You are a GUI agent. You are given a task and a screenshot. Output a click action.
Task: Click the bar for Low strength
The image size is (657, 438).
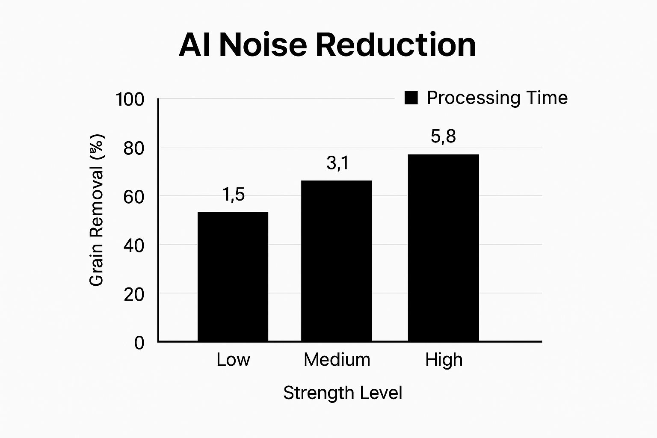click(x=233, y=276)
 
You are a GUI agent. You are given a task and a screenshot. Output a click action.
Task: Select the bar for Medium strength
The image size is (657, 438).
click(x=337, y=261)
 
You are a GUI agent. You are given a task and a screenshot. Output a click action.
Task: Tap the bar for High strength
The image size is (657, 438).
click(x=443, y=248)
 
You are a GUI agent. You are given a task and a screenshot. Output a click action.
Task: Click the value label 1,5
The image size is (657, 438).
click(x=234, y=195)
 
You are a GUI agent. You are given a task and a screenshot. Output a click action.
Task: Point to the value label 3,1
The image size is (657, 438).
click(x=337, y=163)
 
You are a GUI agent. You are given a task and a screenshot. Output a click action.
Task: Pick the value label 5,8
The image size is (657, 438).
click(x=443, y=136)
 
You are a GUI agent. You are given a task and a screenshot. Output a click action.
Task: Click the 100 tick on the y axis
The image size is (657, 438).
click(x=130, y=100)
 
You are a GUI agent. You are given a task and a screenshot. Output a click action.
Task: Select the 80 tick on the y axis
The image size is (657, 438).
click(x=134, y=148)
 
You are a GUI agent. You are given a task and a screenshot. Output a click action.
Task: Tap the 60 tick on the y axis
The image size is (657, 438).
click(x=134, y=197)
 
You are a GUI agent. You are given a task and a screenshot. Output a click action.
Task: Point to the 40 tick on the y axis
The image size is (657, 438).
click(x=134, y=246)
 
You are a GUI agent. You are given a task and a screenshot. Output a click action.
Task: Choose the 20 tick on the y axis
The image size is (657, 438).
click(x=134, y=294)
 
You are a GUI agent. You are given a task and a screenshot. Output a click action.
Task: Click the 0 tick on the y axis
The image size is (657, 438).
click(x=139, y=343)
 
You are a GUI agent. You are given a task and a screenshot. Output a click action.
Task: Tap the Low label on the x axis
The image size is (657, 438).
click(x=233, y=360)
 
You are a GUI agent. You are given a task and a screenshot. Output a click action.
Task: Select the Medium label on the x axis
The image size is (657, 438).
click(x=337, y=360)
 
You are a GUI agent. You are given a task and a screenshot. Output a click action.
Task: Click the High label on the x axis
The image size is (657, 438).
click(x=444, y=360)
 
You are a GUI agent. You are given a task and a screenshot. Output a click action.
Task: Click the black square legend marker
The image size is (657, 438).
click(x=411, y=98)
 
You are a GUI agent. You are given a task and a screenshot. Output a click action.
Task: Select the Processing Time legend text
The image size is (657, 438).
click(x=497, y=98)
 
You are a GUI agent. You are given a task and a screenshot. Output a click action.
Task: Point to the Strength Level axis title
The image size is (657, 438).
click(x=343, y=393)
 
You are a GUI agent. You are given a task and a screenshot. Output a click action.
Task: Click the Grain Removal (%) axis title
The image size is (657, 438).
click(x=97, y=210)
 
